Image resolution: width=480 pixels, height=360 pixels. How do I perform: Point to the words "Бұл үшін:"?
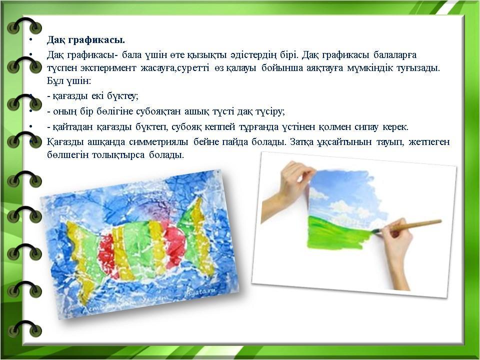pyautogui.click(x=69, y=81)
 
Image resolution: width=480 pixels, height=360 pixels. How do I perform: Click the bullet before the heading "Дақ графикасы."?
pyautogui.click(x=30, y=40)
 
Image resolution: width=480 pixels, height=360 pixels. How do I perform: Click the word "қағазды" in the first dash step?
pyautogui.click(x=71, y=96)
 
